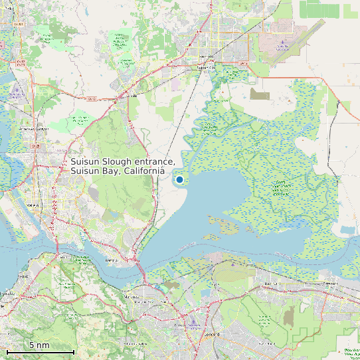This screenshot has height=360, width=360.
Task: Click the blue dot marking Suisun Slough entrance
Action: pyautogui.click(x=179, y=179)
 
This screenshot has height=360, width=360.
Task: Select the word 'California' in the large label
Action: pyautogui.click(x=142, y=171)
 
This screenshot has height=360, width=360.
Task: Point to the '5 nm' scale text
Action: pyautogui.click(x=39, y=345)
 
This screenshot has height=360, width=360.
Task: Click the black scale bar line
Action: pyautogui.click(x=40, y=351)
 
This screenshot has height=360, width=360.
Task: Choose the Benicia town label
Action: pyautogui.click(x=111, y=261)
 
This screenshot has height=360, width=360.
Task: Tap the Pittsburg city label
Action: pyautogui.click(x=330, y=283)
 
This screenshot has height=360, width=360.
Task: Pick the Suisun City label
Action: pyautogui.click(x=207, y=67)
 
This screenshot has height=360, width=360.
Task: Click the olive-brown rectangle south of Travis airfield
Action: pyautogui.click(x=260, y=94)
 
